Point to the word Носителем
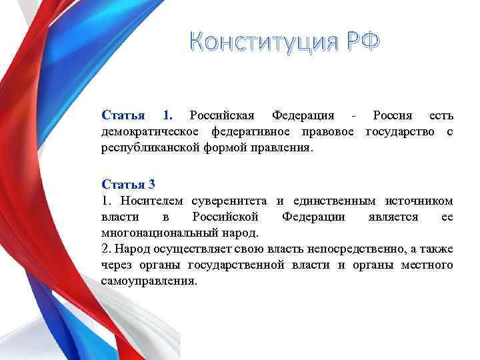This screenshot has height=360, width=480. [x=151, y=201]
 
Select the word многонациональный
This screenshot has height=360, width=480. [x=161, y=233]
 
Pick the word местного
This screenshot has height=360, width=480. [x=427, y=265]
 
